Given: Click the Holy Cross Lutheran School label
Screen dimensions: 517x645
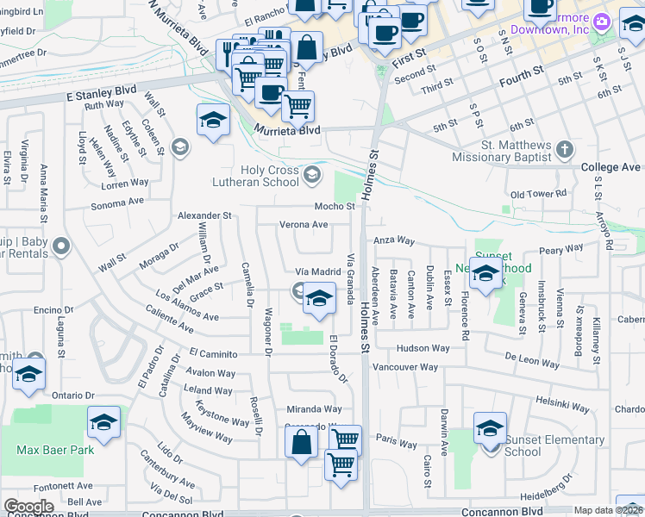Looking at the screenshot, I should point(256,175).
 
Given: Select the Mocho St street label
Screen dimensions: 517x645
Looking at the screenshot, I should point(335,207).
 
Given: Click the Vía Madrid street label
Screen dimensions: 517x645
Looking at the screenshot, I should point(313,271).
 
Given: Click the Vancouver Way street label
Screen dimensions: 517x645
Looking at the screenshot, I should point(404,367).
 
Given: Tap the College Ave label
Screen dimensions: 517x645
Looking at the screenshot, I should point(611,167).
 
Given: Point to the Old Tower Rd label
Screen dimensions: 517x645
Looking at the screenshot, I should point(539,195).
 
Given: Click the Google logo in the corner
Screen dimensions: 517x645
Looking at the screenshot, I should point(28,506).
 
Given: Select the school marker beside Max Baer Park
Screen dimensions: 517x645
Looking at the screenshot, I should point(103,423).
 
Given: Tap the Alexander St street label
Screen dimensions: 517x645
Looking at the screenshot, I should point(204,215).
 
